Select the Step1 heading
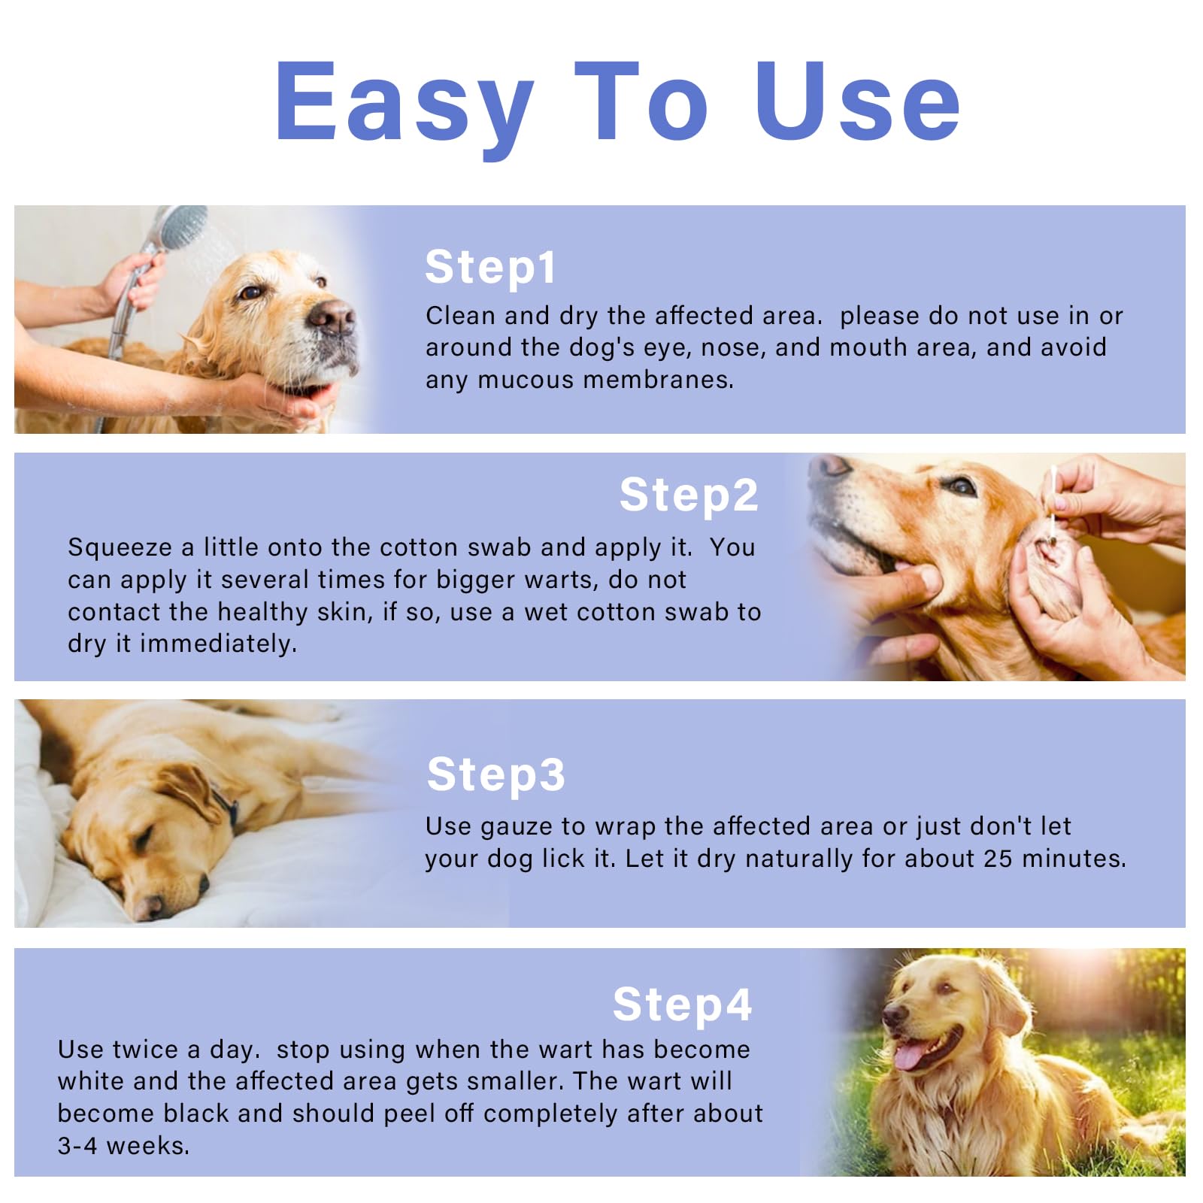(490, 267)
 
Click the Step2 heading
(689, 495)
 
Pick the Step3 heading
(495, 774)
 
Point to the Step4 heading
(682, 1005)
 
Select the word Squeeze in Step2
(120, 547)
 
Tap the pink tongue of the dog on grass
(910, 1056)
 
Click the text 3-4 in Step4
(77, 1146)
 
